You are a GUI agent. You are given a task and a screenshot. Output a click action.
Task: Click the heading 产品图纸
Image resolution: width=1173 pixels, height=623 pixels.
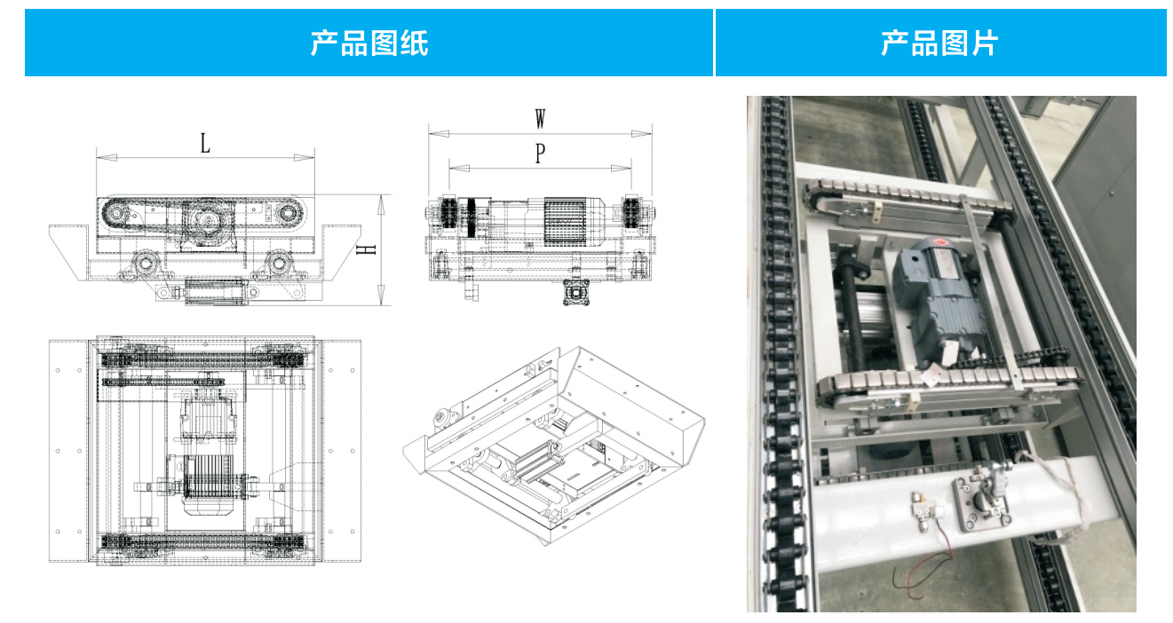tap(369, 43)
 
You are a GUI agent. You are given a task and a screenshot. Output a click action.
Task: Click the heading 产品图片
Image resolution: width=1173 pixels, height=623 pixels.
tap(939, 43)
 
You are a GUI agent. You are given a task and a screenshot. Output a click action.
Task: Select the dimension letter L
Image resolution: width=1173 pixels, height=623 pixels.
tap(205, 143)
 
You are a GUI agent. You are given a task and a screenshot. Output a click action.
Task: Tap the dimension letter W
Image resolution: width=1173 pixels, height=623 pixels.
tap(540, 118)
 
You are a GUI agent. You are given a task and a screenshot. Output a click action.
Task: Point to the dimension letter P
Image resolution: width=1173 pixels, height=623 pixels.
tap(540, 154)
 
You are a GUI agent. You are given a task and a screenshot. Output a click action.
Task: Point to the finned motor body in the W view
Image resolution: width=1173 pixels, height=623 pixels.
tap(566, 220)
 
